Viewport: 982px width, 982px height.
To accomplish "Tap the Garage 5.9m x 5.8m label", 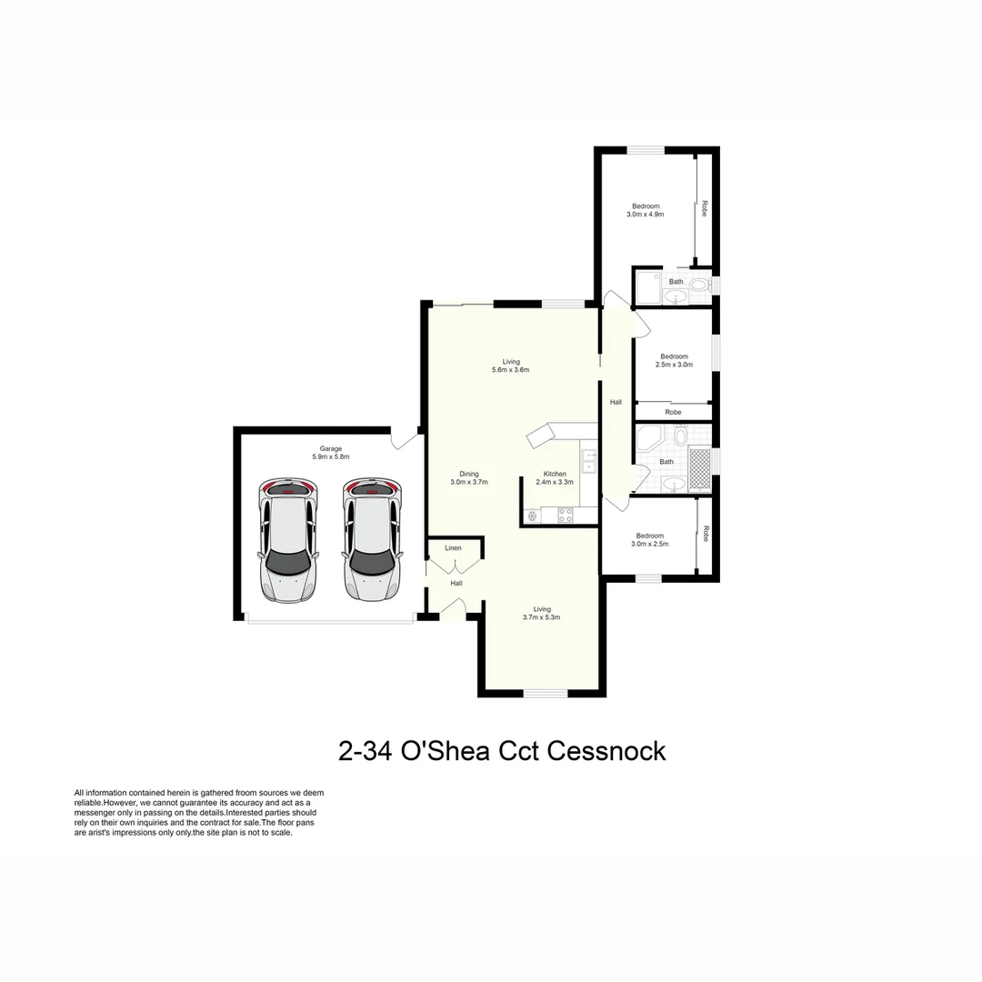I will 330,453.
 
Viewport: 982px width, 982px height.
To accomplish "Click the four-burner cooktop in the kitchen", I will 565,515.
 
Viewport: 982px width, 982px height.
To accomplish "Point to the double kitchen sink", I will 588,461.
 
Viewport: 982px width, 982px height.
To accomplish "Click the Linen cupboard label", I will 453,548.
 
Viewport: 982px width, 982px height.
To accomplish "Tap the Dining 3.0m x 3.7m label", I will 469,477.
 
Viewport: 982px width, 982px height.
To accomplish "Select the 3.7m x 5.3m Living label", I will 542,613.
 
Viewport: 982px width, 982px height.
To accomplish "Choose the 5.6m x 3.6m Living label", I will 510,366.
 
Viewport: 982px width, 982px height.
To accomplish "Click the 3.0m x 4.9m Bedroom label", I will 646,210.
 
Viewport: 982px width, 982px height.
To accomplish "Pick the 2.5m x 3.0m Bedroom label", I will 674,360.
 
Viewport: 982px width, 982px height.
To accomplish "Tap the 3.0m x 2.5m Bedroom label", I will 649,539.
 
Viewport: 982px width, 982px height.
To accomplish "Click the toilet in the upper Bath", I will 698,285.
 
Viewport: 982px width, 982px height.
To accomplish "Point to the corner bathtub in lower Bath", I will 651,441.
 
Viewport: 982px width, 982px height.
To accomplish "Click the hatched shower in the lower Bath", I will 699,469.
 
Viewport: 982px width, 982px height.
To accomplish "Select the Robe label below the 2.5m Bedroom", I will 673,413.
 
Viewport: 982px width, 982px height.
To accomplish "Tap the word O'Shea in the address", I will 442,752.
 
